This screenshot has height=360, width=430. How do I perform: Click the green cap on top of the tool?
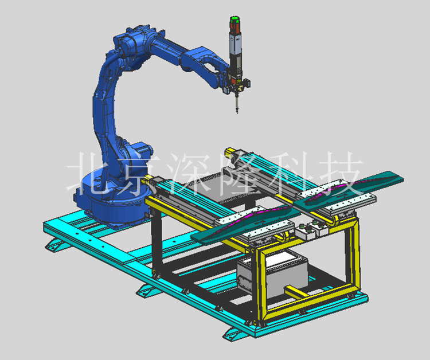(234, 19)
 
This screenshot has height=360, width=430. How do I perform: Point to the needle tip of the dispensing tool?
(237, 112)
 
